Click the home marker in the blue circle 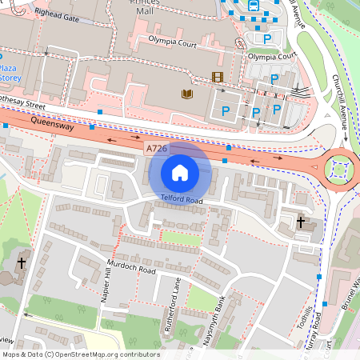tap(180, 171)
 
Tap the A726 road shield tap(157, 149)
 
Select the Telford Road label tap(182, 198)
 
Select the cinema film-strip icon tap(217, 77)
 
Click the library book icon tap(188, 95)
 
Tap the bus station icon tap(254, 7)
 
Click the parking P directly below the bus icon tap(267, 38)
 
